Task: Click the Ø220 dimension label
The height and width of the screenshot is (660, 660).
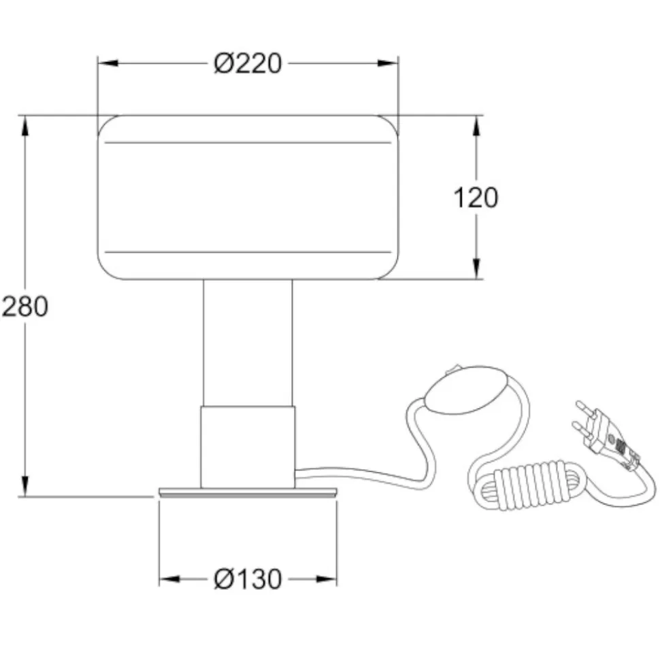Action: (x=248, y=64)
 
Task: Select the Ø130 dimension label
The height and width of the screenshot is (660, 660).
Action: (x=248, y=579)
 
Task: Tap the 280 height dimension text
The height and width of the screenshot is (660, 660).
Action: (x=25, y=307)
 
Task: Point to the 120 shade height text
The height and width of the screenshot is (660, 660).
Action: (x=476, y=197)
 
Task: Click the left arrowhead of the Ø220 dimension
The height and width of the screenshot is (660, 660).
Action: (x=108, y=64)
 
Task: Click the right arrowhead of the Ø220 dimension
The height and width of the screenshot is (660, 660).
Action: (x=388, y=64)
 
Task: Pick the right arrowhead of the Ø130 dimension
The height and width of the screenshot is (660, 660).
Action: (x=326, y=579)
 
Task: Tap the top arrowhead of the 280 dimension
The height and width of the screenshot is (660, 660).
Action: (x=25, y=126)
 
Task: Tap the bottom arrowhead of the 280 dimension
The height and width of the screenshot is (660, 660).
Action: (x=25, y=486)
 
